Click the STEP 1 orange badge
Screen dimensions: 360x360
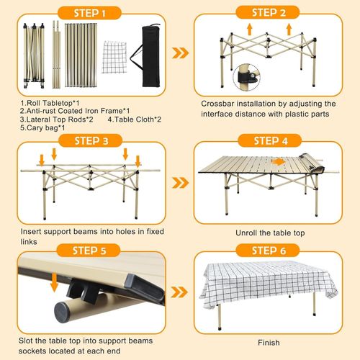(x=89, y=13)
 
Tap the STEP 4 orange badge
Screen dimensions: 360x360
(x=269, y=140)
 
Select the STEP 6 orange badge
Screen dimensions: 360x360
(x=268, y=251)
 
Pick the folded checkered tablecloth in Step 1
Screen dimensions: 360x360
(x=114, y=57)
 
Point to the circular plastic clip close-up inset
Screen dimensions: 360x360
(x=247, y=77)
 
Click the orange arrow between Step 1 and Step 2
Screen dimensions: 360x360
(x=181, y=53)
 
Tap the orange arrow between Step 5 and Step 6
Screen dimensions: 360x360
(x=179, y=292)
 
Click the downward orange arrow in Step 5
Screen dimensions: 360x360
(x=55, y=282)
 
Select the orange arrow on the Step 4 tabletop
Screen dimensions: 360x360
(x=278, y=162)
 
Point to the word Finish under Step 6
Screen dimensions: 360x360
(x=269, y=343)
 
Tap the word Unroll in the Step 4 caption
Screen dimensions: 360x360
(x=246, y=233)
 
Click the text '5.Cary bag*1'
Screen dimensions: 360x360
(x=42, y=127)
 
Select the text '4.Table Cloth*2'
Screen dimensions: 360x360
(x=135, y=120)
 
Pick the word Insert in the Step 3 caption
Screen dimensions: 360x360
(x=31, y=232)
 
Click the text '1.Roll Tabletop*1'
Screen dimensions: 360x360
(x=50, y=103)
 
